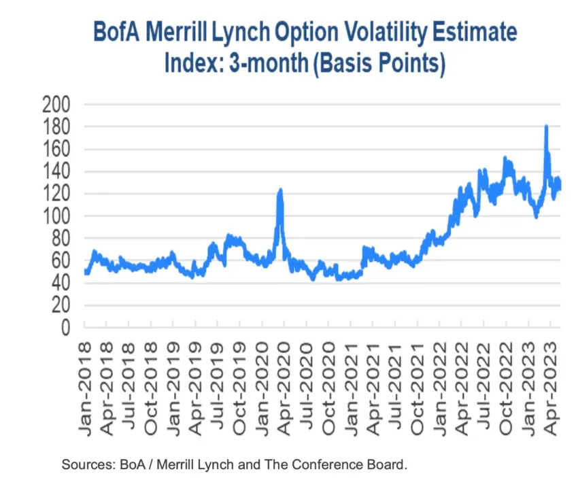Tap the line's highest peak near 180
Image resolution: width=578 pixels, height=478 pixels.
(x=546, y=126)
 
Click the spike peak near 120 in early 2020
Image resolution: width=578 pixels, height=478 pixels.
(x=279, y=191)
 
